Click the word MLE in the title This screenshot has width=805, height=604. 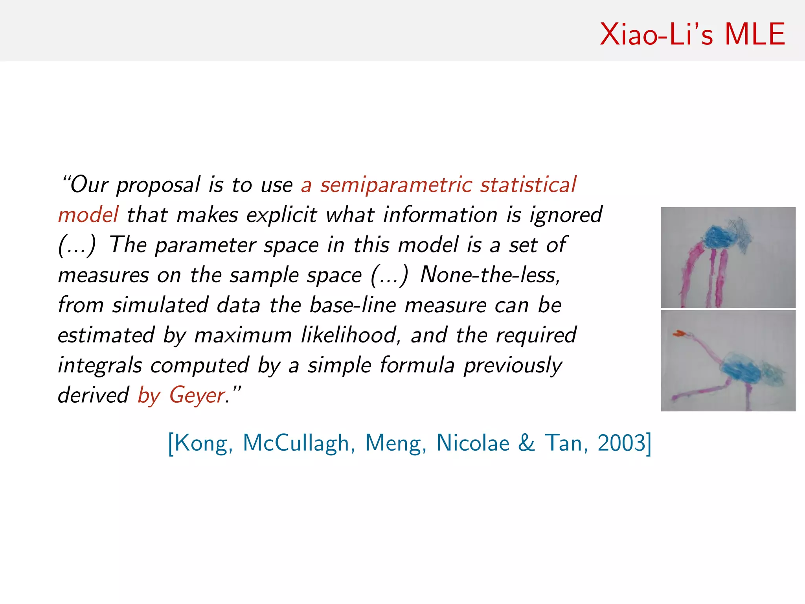click(x=755, y=35)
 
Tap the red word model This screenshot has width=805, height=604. click(x=88, y=215)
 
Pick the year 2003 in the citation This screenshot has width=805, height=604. click(x=621, y=443)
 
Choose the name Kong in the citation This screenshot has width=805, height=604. click(x=200, y=443)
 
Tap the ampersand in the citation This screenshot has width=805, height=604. click(x=526, y=443)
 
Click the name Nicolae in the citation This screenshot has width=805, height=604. click(x=473, y=443)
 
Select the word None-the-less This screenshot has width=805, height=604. click(x=490, y=275)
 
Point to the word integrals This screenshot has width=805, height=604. click(x=100, y=365)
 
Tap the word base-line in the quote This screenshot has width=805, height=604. click(x=353, y=305)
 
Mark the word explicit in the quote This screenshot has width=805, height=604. click(x=281, y=215)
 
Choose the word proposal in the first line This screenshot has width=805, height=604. click(x=158, y=185)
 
